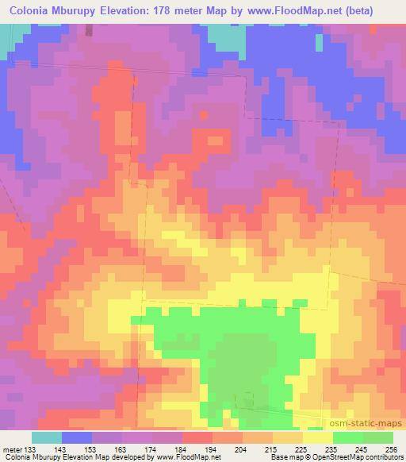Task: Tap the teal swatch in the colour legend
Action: pos(47,438)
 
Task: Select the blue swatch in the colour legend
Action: pos(77,438)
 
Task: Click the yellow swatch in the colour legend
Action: pos(317,438)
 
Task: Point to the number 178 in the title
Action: pos(173,10)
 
